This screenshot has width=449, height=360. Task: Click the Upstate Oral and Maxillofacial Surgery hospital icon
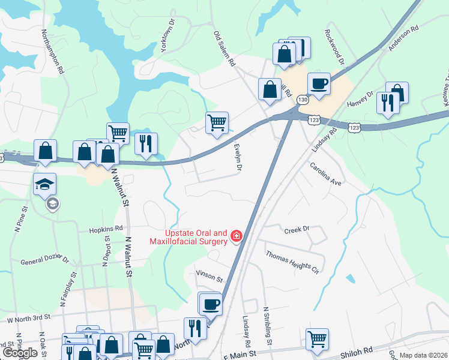tap(237, 237)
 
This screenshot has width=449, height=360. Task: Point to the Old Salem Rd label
tap(224, 49)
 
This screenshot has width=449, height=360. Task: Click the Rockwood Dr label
tap(334, 47)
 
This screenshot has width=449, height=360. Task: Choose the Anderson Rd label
tap(403, 38)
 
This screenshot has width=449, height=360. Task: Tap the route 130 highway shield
tap(304, 99)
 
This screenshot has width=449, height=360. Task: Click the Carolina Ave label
tap(325, 173)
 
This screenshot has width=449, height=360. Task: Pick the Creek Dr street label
tap(297, 229)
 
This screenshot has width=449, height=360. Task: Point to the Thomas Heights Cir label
tap(292, 262)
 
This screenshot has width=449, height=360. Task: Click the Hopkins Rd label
tap(106, 229)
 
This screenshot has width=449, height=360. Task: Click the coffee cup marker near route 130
tap(319, 83)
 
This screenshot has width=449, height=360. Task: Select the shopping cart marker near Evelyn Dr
tap(217, 122)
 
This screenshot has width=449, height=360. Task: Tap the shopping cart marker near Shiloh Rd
tap(317, 338)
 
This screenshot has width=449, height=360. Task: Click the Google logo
tap(19, 353)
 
